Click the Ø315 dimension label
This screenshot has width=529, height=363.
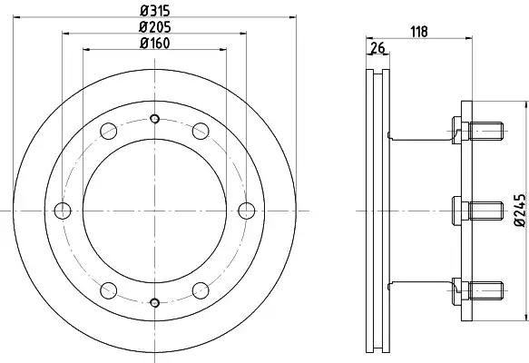tap(155, 11)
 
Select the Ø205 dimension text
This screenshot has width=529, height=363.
tap(155, 27)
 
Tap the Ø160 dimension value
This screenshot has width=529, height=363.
tap(155, 44)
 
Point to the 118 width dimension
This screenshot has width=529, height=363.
tap(419, 32)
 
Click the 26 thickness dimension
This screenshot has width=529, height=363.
tap(377, 47)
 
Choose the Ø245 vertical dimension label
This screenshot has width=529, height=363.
tap(520, 210)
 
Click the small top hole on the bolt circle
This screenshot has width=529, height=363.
tap(154, 119)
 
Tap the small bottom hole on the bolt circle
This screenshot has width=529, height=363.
tap(154, 302)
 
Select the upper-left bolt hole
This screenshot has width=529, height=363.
tap(109, 132)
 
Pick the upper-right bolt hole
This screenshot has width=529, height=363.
tap(201, 132)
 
